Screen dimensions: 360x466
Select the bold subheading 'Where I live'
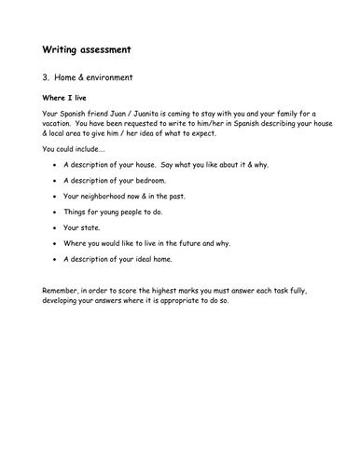click(70, 98)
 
